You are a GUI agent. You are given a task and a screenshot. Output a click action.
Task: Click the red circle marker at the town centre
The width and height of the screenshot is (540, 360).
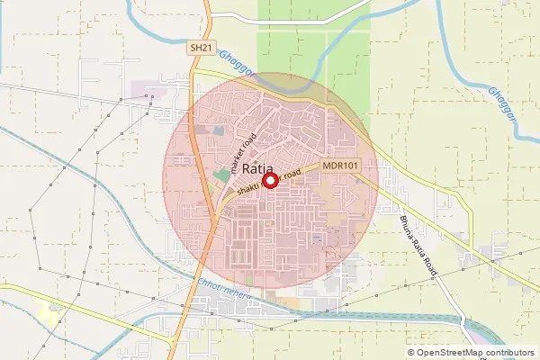pos(267,180)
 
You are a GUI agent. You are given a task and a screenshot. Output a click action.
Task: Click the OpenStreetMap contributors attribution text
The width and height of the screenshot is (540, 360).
pos(471,353)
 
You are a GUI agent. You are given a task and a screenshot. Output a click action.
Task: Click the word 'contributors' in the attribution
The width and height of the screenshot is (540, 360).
pos(508,353)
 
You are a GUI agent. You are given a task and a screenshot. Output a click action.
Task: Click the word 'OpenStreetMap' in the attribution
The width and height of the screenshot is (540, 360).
pos(448,353)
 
